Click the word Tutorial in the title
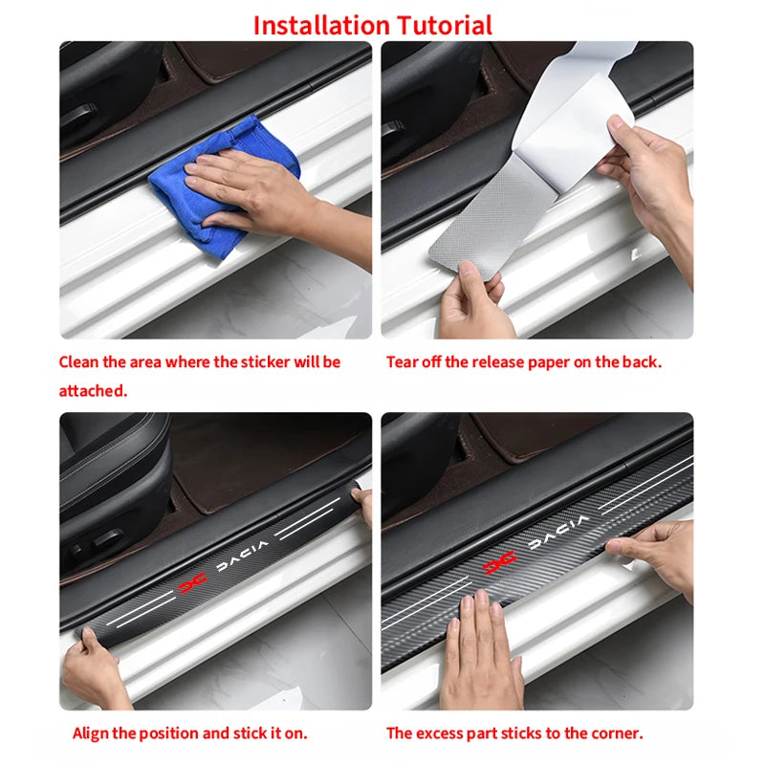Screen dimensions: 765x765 (x=444, y=24)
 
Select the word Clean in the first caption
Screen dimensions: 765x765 (x=78, y=362)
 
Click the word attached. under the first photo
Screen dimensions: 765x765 (x=92, y=391)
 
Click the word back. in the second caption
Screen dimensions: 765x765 (x=643, y=362)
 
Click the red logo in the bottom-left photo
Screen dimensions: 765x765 (x=192, y=583)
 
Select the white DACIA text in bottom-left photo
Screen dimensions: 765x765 (x=240, y=564)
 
